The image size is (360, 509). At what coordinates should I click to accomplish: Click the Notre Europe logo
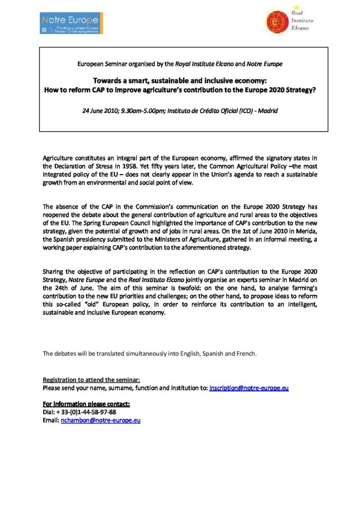[71, 23]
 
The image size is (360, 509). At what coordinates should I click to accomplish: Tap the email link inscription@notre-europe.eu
[249, 387]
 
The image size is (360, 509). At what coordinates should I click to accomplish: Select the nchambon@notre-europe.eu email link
[100, 420]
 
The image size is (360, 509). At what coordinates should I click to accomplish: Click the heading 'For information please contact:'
[86, 404]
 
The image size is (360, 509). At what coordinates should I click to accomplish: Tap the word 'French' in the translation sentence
[245, 353]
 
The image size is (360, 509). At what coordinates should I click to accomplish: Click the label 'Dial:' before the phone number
[49, 412]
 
